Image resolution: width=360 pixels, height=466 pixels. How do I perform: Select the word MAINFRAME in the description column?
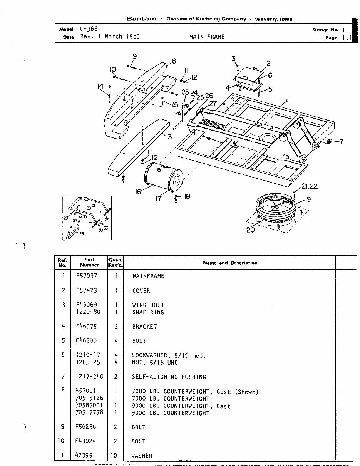[148, 276]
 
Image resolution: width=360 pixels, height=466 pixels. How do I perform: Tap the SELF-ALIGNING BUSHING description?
[169, 377]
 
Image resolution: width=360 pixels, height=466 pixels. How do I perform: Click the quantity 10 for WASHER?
[114, 456]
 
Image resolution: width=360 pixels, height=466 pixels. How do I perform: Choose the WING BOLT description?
[148, 305]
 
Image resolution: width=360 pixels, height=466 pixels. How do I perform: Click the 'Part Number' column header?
[89, 262]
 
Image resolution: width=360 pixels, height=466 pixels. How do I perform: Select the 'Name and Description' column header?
[230, 263]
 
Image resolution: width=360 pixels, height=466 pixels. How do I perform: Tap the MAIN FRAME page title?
[207, 37]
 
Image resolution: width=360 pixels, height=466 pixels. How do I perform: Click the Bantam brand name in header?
[141, 19]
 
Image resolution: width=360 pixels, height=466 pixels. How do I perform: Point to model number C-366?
[89, 29]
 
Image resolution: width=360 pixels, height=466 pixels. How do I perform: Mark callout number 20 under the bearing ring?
[250, 230]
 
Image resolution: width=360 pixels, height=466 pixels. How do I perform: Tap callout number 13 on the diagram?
[168, 136]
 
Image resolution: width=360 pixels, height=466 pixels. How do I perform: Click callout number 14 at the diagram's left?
[100, 87]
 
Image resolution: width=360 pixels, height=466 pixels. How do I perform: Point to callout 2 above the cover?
[268, 64]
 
